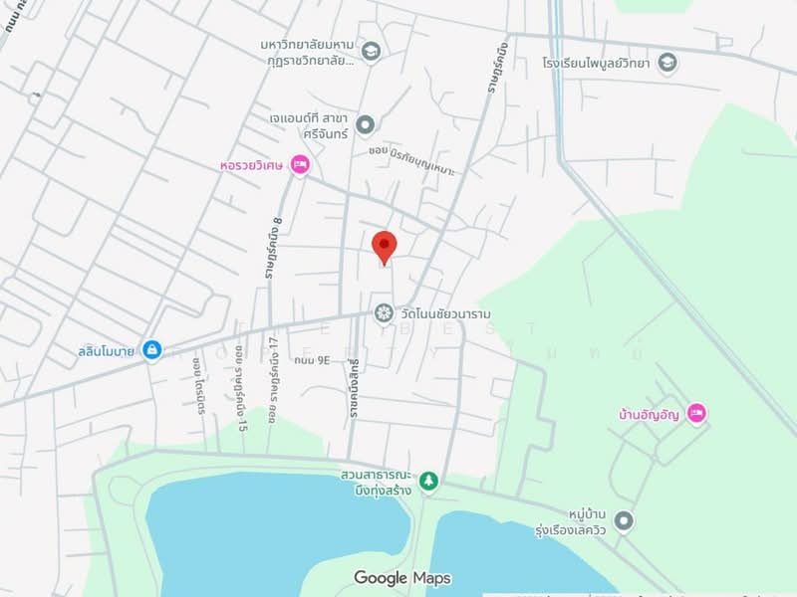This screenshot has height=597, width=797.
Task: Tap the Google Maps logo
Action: pyautogui.click(x=401, y=578)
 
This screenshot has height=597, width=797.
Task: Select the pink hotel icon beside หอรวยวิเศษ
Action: pyautogui.click(x=300, y=165)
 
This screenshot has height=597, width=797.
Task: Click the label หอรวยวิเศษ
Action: pyautogui.click(x=252, y=165)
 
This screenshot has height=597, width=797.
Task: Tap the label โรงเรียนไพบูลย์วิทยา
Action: pyautogui.click(x=597, y=64)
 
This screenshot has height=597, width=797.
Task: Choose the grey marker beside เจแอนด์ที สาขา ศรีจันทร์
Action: pyautogui.click(x=366, y=124)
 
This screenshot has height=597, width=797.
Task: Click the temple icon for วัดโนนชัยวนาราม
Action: pyautogui.click(x=384, y=313)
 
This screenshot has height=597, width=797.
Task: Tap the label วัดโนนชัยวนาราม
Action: pyautogui.click(x=445, y=313)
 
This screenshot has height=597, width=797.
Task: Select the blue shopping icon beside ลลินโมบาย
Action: pyautogui.click(x=151, y=350)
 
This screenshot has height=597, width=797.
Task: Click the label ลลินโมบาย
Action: pyautogui.click(x=107, y=350)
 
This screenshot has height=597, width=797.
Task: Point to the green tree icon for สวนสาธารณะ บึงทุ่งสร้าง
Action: pyautogui.click(x=428, y=482)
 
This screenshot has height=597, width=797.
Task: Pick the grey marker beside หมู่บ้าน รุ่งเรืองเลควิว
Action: pyautogui.click(x=624, y=520)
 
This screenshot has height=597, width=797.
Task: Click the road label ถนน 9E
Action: pyautogui.click(x=311, y=360)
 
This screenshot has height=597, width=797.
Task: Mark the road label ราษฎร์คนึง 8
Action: pyautogui.click(x=275, y=248)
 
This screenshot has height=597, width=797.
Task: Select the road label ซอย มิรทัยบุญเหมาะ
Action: pyautogui.click(x=411, y=159)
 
